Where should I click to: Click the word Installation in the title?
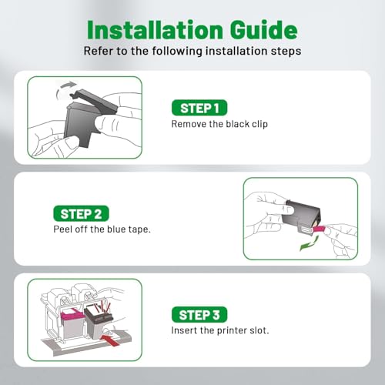pyautogui.click(x=155, y=30)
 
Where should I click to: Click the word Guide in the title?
pyautogui.click(x=264, y=30)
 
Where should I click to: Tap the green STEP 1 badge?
pyautogui.click(x=199, y=108)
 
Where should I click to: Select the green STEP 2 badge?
pyautogui.click(x=81, y=213)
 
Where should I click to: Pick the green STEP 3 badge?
pyautogui.click(x=199, y=314)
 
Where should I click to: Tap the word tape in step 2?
pyautogui.click(x=139, y=229)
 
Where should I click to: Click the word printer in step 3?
pyautogui.click(x=229, y=330)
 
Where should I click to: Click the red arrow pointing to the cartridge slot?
pyautogui.click(x=110, y=340)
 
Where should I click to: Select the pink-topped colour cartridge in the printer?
pyautogui.click(x=72, y=323)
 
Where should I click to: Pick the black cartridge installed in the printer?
pyautogui.click(x=99, y=321)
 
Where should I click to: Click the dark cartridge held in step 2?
pyautogui.click(x=301, y=217)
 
